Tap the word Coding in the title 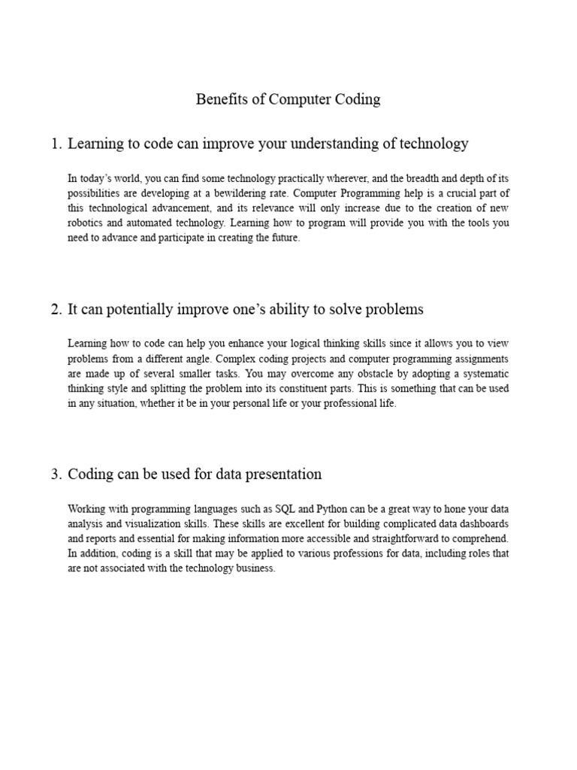[x=355, y=99]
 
